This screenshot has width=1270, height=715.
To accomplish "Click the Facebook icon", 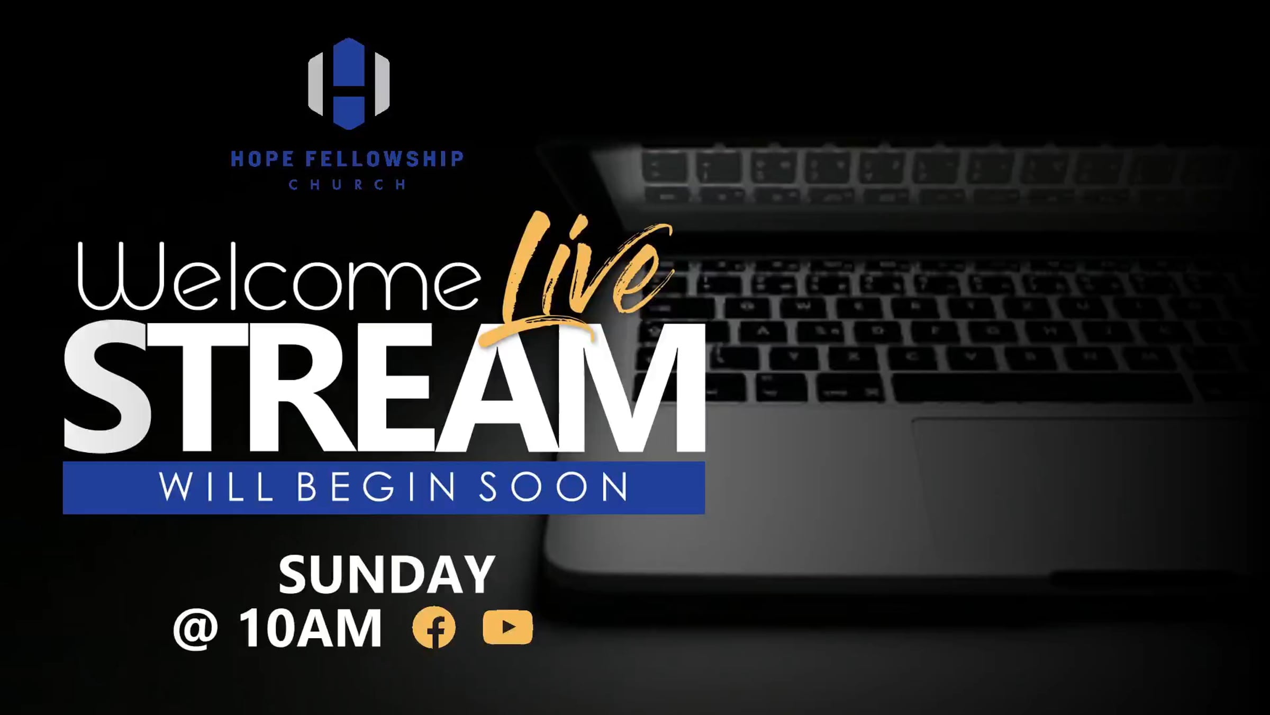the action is tap(434, 628).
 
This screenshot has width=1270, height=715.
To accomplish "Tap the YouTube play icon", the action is tap(507, 628).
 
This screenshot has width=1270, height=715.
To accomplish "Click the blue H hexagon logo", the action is tap(349, 84).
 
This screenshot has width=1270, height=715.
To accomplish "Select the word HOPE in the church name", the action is tap(262, 159).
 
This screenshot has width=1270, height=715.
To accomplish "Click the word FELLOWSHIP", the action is tap(385, 159).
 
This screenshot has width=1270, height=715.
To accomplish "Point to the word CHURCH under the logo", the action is tap(348, 184).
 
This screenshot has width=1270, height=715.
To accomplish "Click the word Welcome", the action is tap(279, 276).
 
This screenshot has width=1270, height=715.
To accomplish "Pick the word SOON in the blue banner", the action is tap(554, 487).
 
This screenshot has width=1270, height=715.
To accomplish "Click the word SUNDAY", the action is tap(387, 575).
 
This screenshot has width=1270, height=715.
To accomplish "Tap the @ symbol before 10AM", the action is tap(196, 629).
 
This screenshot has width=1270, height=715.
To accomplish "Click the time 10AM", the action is tap(310, 628).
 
